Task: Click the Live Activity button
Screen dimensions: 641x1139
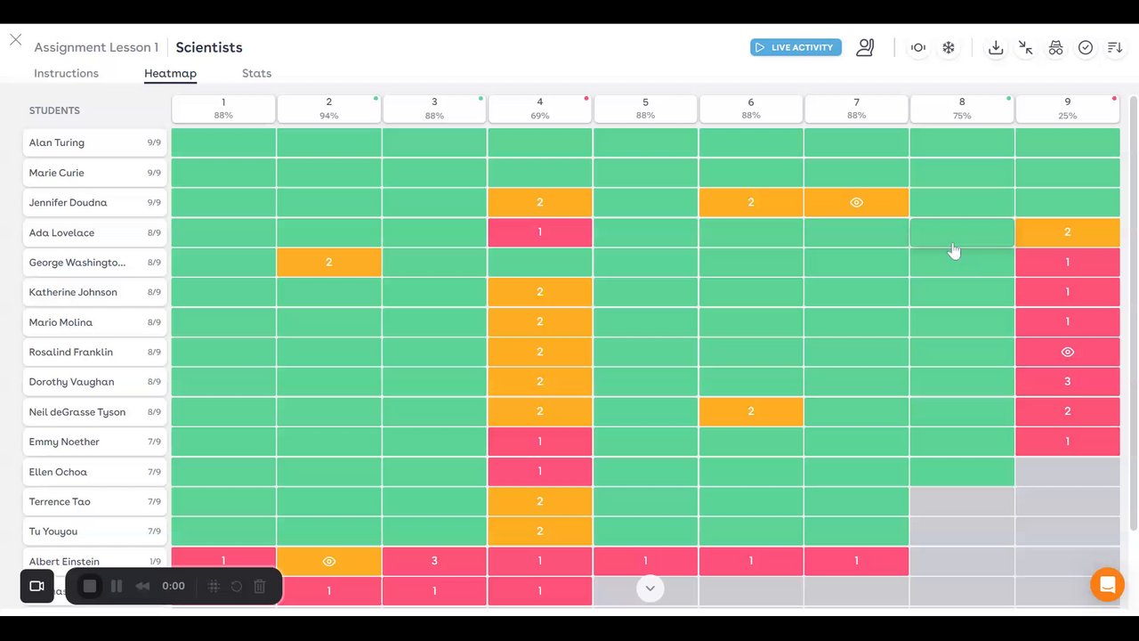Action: [x=796, y=47]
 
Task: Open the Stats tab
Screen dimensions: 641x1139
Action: [x=256, y=73]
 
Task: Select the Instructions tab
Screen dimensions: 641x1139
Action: [x=66, y=73]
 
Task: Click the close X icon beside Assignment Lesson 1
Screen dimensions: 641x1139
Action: [x=15, y=40]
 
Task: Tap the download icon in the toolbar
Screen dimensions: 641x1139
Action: [x=996, y=47]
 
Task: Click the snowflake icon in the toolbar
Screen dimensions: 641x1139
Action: [x=949, y=47]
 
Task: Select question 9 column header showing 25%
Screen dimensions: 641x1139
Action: [x=1067, y=108]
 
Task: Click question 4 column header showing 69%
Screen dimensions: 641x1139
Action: [x=539, y=108]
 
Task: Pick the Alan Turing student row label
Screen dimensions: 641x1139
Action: [x=93, y=142]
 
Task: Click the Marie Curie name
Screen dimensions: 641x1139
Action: [x=56, y=173]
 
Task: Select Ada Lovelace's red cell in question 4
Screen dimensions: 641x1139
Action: [x=539, y=232]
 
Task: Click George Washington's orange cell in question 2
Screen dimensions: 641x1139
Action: [x=328, y=262]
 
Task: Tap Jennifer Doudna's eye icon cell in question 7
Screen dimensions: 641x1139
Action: [x=856, y=202]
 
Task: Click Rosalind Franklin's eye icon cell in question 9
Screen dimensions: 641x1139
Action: [x=1067, y=352]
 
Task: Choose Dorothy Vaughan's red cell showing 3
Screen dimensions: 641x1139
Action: [x=1067, y=381]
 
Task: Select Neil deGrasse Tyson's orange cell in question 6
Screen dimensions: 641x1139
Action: [x=750, y=411]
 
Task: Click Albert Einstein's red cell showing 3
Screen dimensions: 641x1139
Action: [x=434, y=561]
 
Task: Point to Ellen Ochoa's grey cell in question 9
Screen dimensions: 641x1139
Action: [x=1067, y=472]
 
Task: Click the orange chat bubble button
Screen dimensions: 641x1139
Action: [x=1107, y=585]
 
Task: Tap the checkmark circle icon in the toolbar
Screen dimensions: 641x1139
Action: [x=1086, y=47]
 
